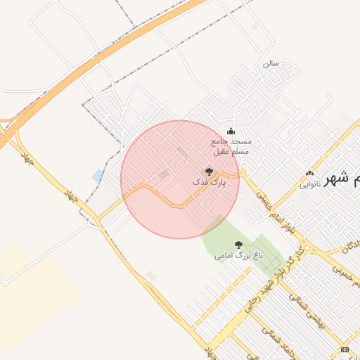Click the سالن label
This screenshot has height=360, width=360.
(271, 63)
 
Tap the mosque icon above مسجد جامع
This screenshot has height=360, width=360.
(231, 131)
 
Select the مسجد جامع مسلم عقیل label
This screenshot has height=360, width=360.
(231, 146)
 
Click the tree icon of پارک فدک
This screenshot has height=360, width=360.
(207, 171)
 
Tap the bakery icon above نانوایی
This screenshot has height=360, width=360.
(309, 174)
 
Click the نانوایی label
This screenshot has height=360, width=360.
(310, 185)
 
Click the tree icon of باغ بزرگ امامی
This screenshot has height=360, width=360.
(238, 245)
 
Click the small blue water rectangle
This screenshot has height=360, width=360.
(97, 175)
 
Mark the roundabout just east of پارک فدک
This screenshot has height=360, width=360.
(242, 172)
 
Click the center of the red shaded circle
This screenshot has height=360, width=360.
(180, 179)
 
